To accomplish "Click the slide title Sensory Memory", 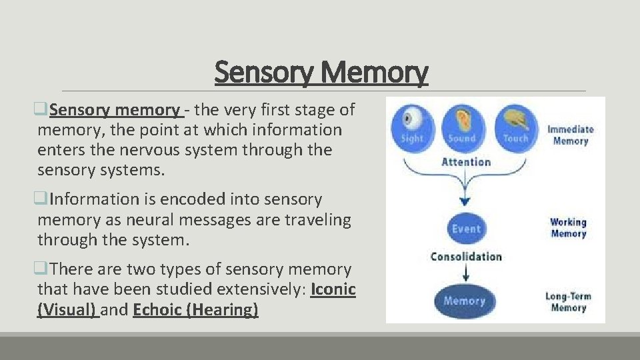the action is pyautogui.click(x=321, y=73).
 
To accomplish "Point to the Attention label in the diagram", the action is pyautogui.click(x=466, y=162).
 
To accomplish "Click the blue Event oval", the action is pyautogui.click(x=466, y=229).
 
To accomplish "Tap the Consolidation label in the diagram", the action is pyautogui.click(x=466, y=257).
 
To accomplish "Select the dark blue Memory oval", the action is pyautogui.click(x=465, y=301).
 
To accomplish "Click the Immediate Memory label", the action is pyautogui.click(x=570, y=135).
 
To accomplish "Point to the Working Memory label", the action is pyautogui.click(x=568, y=227).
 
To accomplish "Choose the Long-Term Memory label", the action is pyautogui.click(x=568, y=302).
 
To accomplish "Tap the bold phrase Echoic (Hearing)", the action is pyautogui.click(x=195, y=310).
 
